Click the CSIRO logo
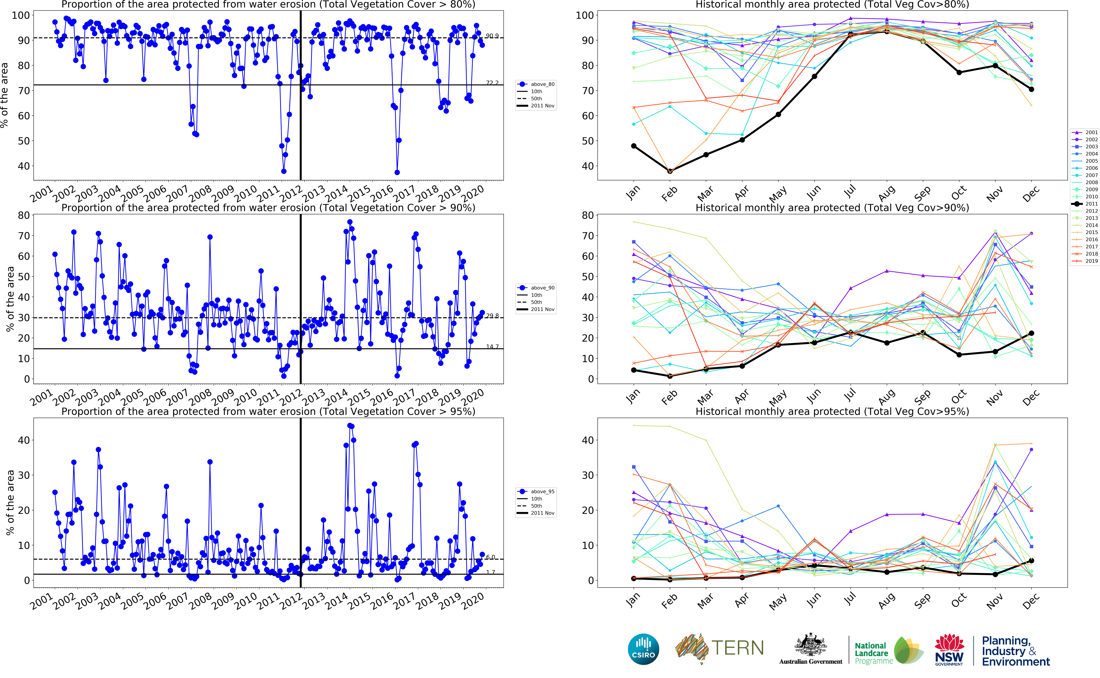coord(643,649)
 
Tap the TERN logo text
coord(737,648)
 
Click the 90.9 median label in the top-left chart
coord(492,36)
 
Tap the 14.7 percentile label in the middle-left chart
coord(492,347)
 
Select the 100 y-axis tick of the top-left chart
coord(21,15)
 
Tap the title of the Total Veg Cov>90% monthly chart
coord(832,208)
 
